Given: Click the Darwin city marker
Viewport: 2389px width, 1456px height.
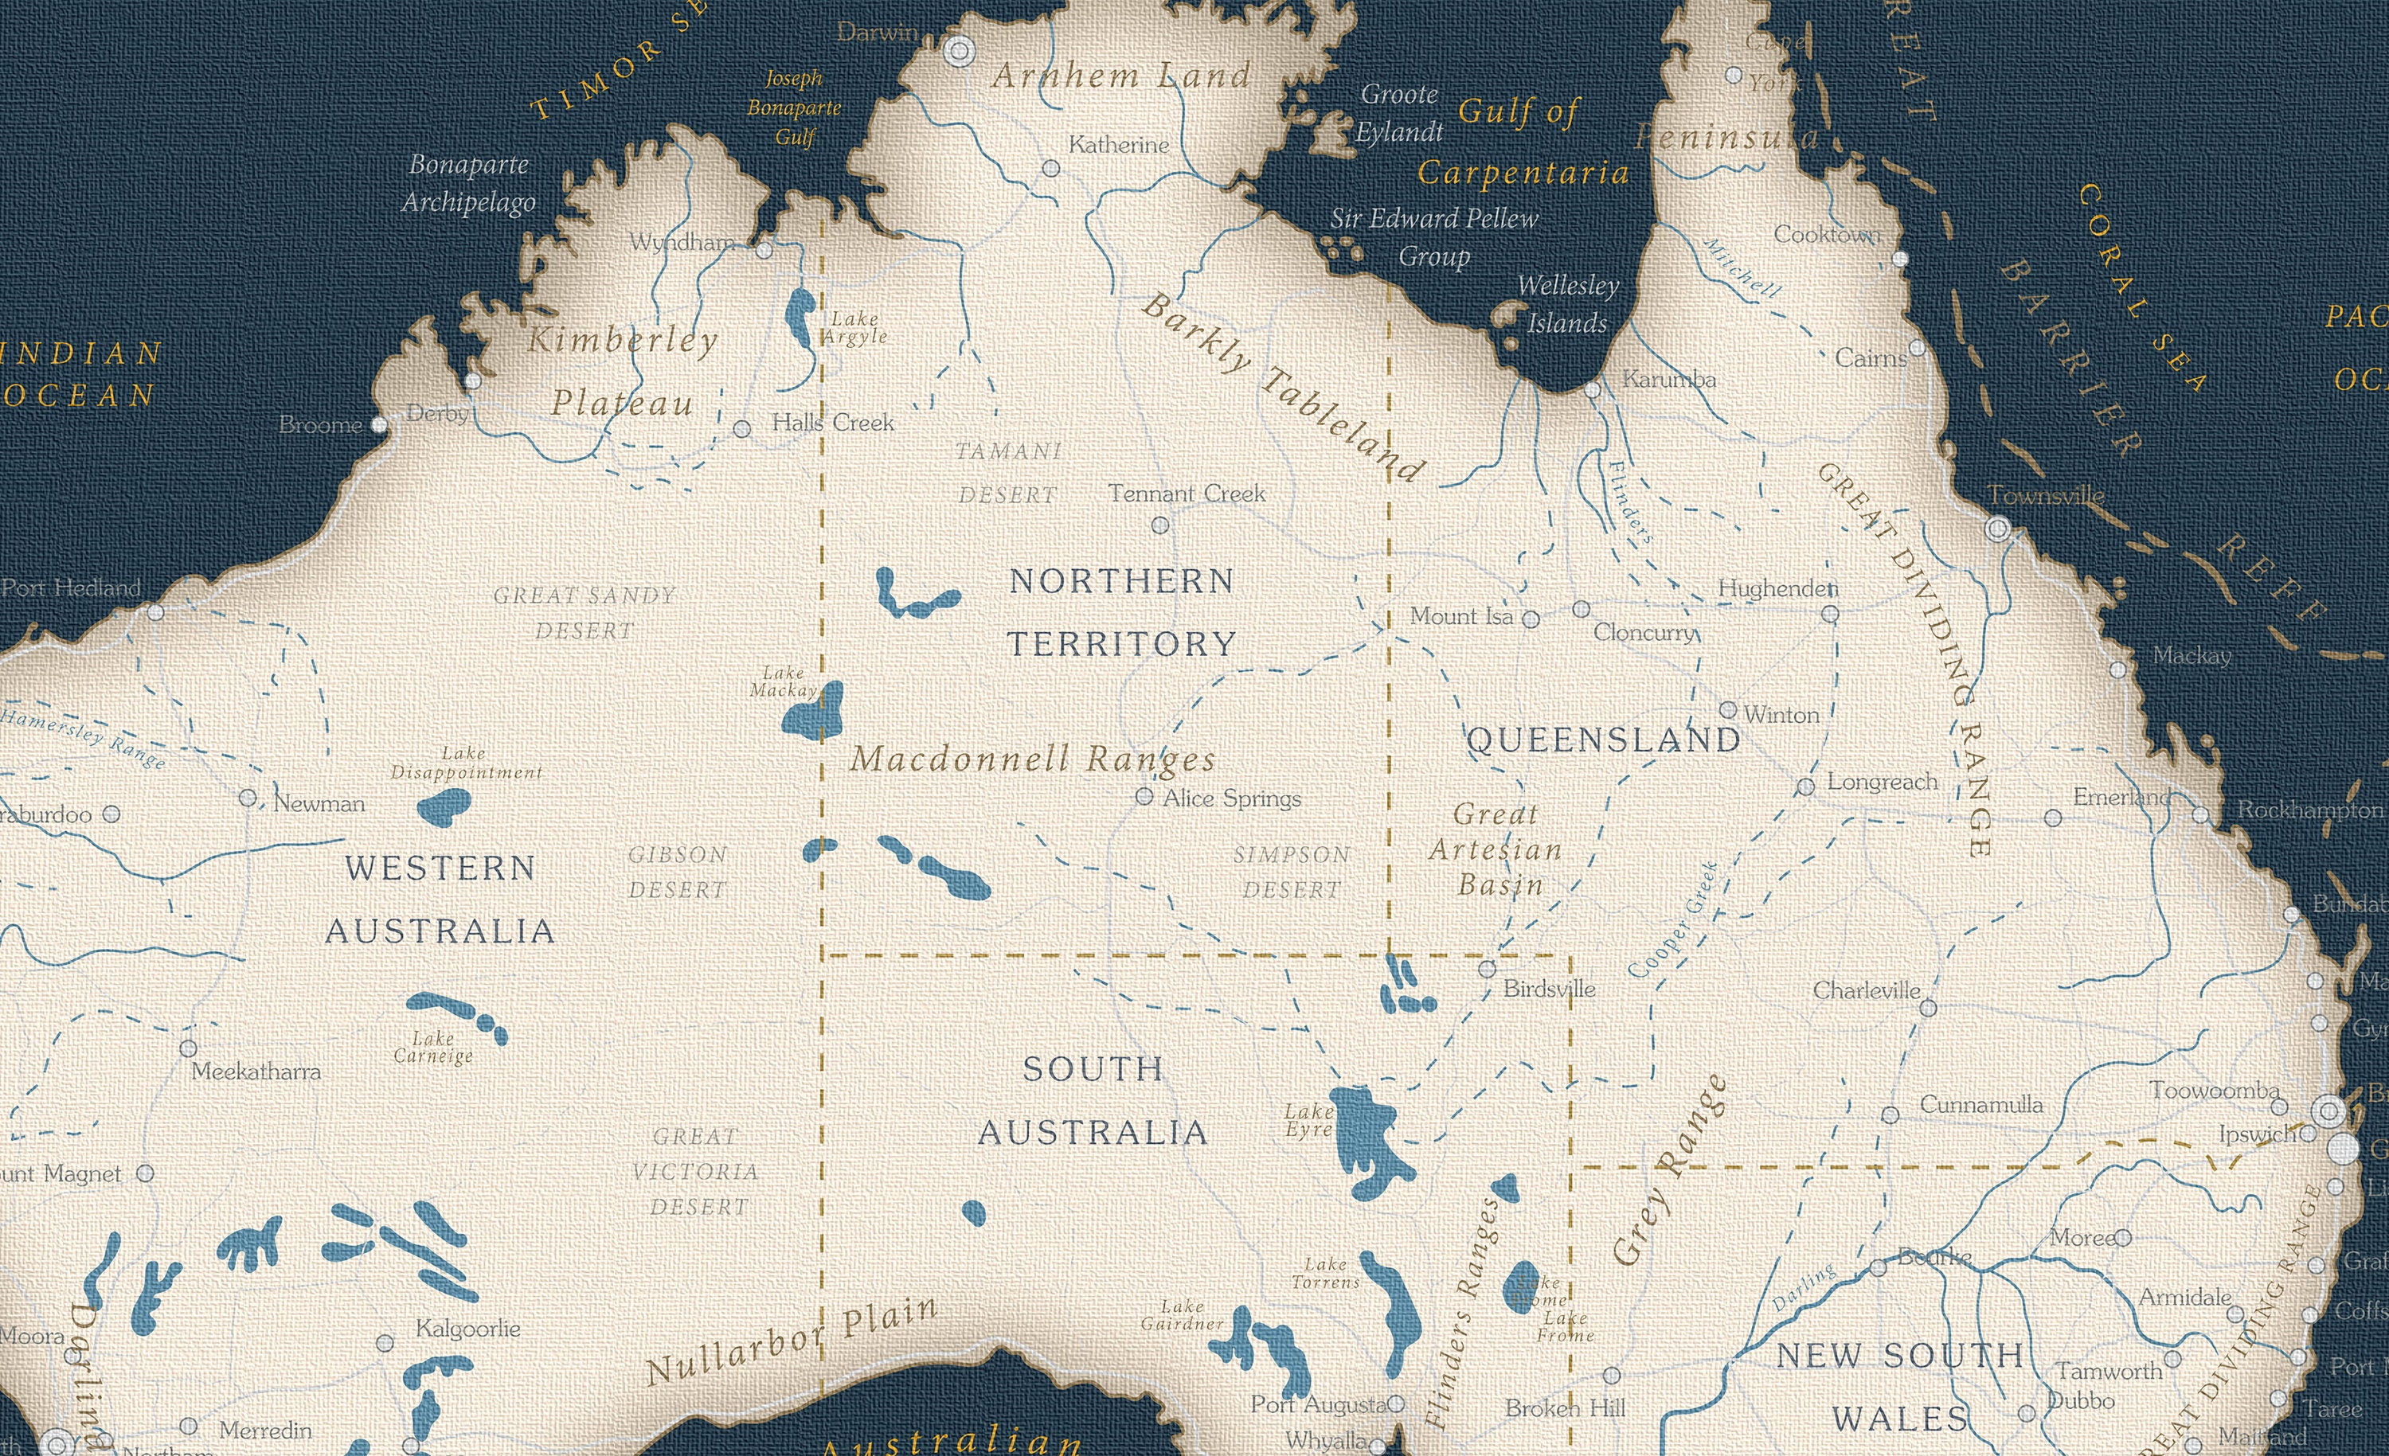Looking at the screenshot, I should tap(959, 50).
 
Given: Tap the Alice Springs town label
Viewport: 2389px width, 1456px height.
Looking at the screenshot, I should tap(1231, 798).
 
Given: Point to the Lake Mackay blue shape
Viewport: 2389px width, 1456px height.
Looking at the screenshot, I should tap(815, 714).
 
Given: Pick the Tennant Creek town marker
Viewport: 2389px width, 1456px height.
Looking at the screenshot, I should tap(1159, 525).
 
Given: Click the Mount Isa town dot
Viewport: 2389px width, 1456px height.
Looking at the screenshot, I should tap(1531, 619).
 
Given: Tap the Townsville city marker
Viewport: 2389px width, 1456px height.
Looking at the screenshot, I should tap(1997, 529).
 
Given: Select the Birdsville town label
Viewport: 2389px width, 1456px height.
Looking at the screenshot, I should tap(1548, 990).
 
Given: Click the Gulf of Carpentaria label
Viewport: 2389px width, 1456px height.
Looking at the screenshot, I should tap(1523, 142).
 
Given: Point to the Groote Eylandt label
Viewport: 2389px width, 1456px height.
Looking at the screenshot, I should tap(1399, 112).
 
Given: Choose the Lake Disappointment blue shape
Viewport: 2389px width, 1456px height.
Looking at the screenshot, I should tap(444, 806).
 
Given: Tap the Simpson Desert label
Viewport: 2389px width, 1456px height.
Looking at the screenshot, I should tap(1292, 872).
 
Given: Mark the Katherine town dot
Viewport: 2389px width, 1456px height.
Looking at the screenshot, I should tap(1051, 169).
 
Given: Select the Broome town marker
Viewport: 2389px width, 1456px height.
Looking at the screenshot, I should tap(380, 424).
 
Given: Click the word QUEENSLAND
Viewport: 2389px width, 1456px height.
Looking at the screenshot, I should tap(1605, 740).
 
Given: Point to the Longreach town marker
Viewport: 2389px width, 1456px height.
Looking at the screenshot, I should tap(1805, 787).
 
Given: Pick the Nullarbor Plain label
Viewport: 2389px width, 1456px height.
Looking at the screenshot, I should tap(792, 1341).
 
